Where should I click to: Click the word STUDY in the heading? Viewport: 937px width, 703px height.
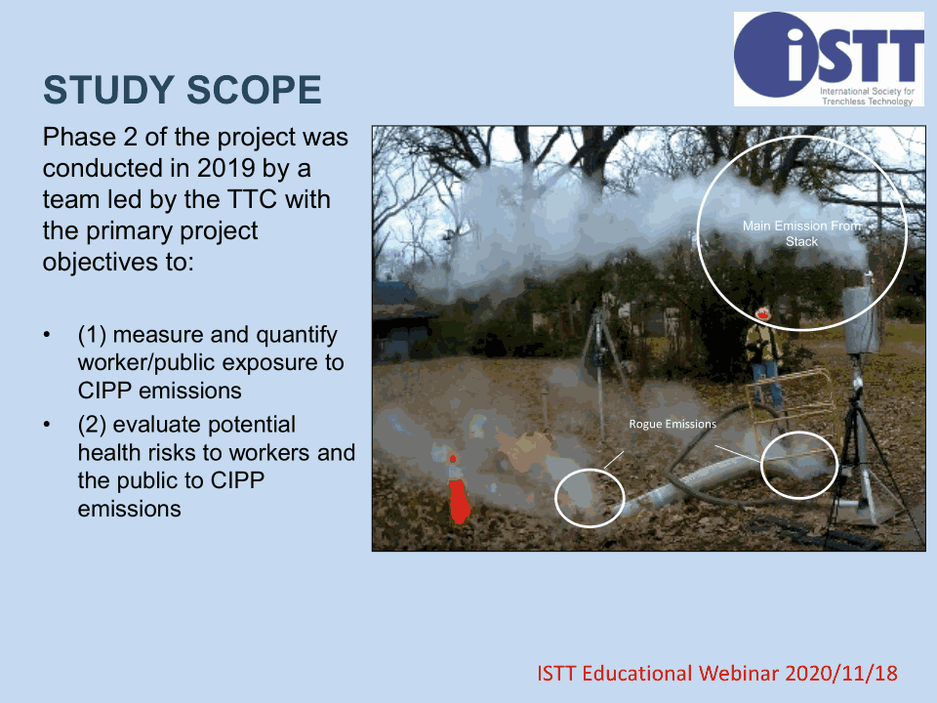click(108, 90)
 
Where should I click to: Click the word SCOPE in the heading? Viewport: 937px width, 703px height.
click(254, 90)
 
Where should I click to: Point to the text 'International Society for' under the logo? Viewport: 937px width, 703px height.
click(867, 92)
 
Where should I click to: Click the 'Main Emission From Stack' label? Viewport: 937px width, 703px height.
click(801, 233)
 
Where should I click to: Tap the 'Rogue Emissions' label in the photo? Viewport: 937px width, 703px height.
click(672, 424)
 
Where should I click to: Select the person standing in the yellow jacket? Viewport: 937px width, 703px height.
click(765, 356)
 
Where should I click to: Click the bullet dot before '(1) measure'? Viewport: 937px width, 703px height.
click(47, 335)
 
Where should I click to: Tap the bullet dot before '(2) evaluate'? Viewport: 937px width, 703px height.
click(47, 425)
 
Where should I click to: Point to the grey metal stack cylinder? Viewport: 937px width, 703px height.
click(862, 320)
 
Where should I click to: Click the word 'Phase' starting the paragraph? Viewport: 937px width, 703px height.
click(79, 138)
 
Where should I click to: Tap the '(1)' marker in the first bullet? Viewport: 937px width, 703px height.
click(92, 335)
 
